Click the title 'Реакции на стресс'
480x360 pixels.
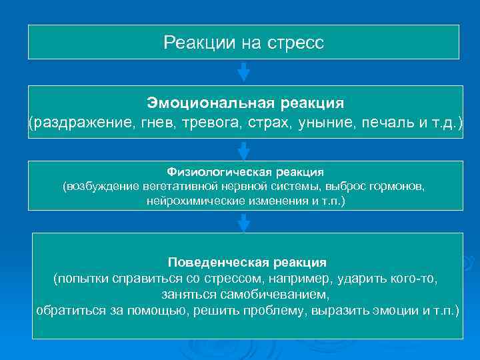tap(243, 43)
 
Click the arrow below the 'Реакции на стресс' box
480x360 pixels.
tap(244, 71)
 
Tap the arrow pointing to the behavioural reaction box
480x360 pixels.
tap(244, 222)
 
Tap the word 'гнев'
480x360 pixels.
tap(154, 122)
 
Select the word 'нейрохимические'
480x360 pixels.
tap(186, 200)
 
